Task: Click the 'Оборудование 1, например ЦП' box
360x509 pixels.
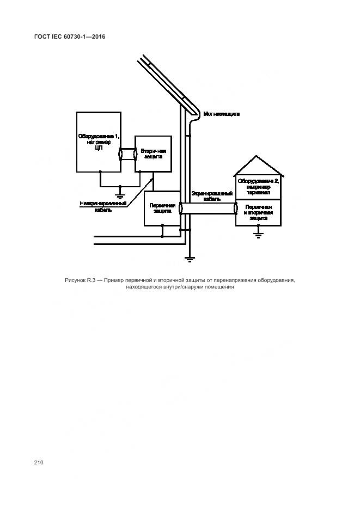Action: (98, 142)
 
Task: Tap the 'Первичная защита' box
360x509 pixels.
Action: (161, 208)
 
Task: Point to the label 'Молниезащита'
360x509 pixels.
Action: (222, 114)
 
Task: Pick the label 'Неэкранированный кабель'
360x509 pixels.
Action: (103, 206)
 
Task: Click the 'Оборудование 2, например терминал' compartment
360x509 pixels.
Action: (258, 187)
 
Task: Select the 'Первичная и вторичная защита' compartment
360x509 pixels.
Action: (258, 212)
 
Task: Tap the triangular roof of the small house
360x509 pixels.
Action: (258, 166)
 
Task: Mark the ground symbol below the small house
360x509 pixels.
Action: (259, 234)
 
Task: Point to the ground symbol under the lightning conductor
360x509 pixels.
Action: (190, 259)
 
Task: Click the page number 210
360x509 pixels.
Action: (38, 462)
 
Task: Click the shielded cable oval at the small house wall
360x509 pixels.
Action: (236, 208)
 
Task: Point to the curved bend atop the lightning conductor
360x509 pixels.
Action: (196, 109)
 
